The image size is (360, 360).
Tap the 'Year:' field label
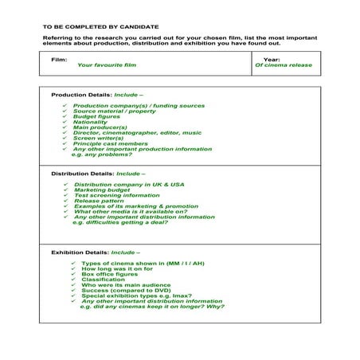[x=272, y=59]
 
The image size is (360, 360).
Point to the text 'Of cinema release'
[x=284, y=65]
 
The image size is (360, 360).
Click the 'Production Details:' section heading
[x=81, y=94]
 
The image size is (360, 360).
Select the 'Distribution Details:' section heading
[x=83, y=174]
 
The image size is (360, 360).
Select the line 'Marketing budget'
[x=100, y=190]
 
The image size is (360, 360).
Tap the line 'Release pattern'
[x=97, y=202]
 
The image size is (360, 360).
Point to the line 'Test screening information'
[x=115, y=196]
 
